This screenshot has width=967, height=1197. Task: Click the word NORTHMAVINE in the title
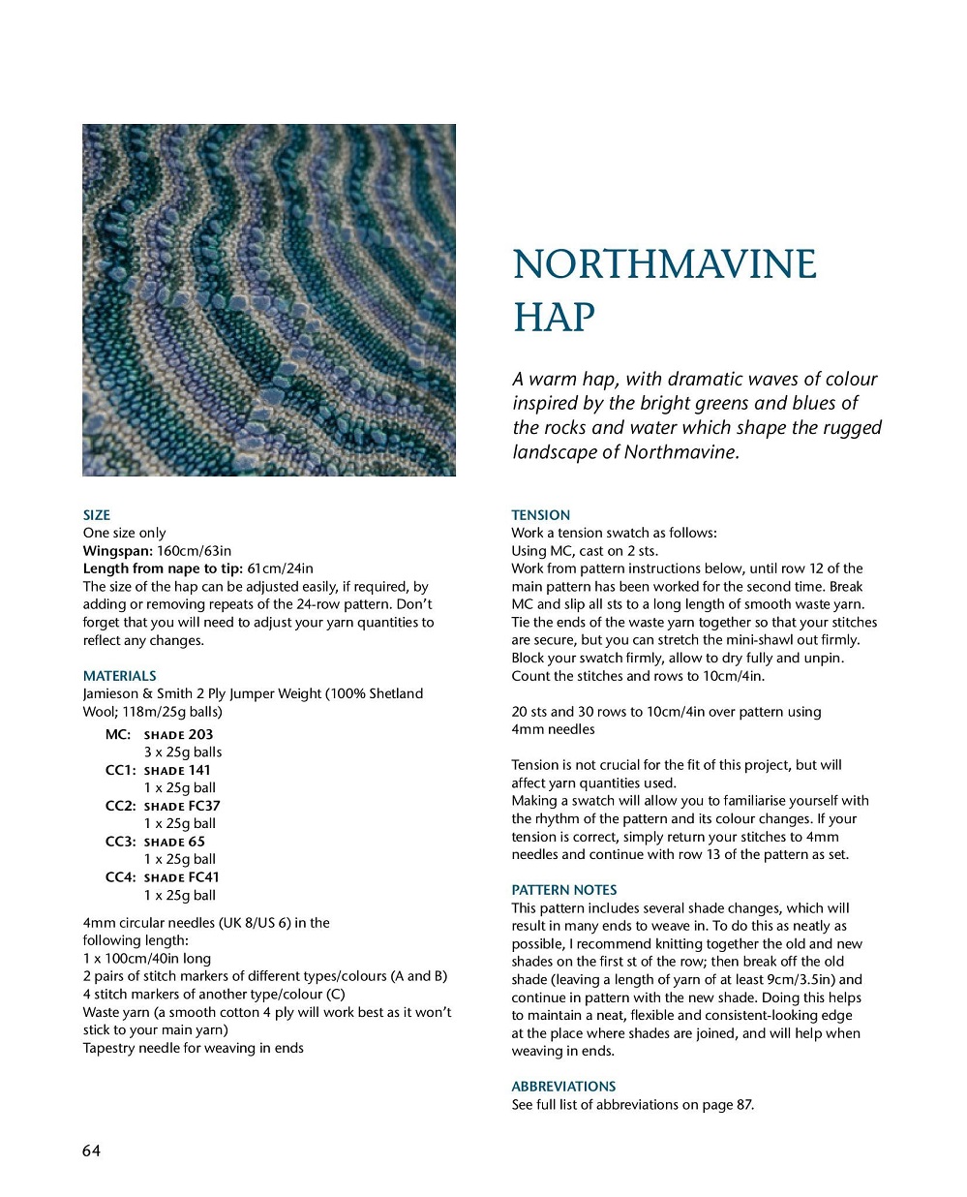pos(664,265)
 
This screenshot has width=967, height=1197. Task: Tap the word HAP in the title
pos(554,318)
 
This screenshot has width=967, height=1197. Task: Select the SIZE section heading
pos(97,515)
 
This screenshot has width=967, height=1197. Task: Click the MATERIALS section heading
pos(119,676)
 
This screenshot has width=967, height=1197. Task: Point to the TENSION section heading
pos(540,515)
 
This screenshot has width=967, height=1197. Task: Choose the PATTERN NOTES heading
pos(563,890)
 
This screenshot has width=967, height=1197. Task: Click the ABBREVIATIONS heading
pos(563,1087)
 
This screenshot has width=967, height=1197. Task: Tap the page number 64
pos(91,1151)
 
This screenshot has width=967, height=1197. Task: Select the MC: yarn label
pos(118,734)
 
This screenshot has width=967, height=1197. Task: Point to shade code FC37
pos(204,806)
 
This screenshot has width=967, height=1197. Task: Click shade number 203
pos(200,734)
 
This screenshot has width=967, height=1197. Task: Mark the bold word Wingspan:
pos(118,551)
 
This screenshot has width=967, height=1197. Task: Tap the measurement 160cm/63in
pos(194,551)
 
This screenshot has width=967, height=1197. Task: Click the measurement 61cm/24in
pos(280,568)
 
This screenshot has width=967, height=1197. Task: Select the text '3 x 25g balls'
pos(183,752)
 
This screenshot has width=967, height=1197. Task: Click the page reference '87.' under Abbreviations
pos(744,1105)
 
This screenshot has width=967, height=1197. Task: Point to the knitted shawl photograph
pos(269,300)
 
